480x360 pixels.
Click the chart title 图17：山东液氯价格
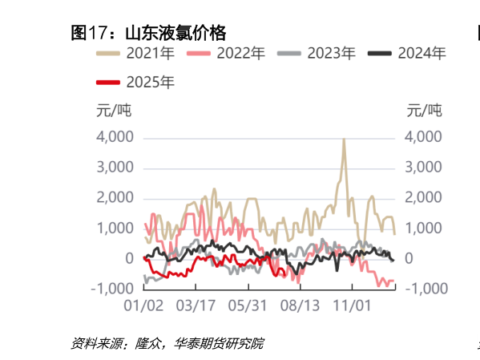(148, 33)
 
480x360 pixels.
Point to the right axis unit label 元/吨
(424, 110)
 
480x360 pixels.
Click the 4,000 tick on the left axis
(115, 137)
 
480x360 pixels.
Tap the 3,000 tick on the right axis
(423, 168)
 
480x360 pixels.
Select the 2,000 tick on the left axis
(115, 197)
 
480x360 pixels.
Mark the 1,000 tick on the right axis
(423, 228)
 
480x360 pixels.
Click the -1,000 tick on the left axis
(111, 288)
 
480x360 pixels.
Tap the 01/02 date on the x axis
(145, 305)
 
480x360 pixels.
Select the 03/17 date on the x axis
(195, 305)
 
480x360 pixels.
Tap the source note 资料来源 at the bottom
(167, 344)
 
